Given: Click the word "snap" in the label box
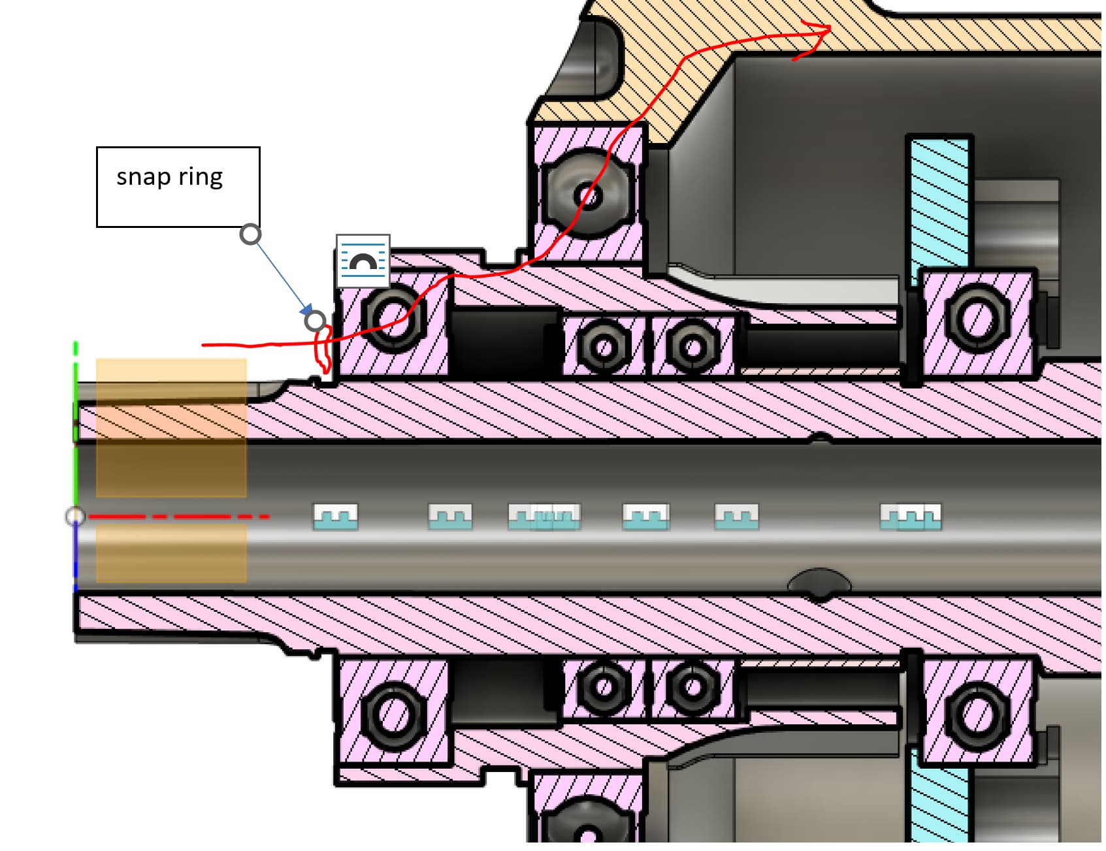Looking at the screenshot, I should click(143, 178).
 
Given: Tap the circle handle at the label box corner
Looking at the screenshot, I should click(250, 234).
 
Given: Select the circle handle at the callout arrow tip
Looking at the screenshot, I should click(315, 321).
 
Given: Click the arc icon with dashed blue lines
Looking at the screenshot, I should click(363, 261).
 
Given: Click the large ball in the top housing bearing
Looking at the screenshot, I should click(588, 195).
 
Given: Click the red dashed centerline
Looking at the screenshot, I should click(176, 517).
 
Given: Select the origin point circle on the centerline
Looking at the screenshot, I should click(75, 517).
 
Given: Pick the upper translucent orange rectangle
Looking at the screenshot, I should click(171, 428).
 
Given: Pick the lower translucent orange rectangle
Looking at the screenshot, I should click(171, 553).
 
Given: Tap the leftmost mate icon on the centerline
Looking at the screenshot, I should click(336, 516).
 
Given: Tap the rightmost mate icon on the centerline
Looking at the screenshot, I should click(911, 516).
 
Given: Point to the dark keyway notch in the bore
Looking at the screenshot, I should click(819, 583).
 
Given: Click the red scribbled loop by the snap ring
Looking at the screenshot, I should click(322, 349).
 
